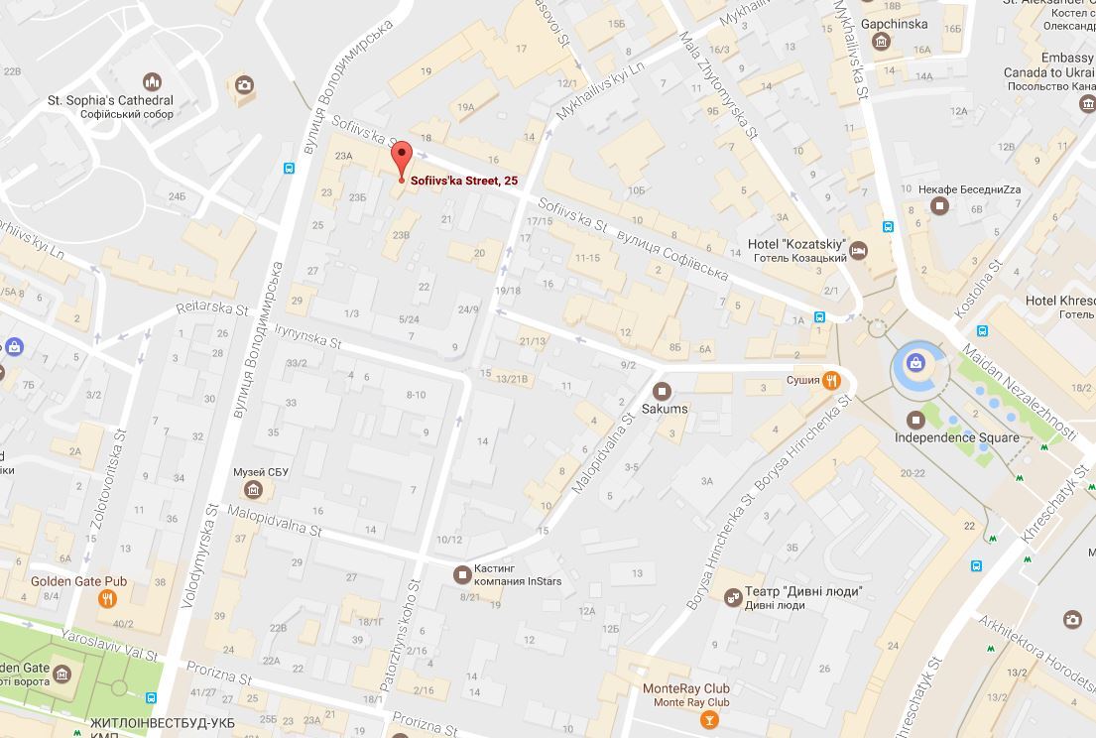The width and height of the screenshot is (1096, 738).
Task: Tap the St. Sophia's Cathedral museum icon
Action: tap(152, 82)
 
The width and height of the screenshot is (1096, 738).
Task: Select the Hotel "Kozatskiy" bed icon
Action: tap(859, 251)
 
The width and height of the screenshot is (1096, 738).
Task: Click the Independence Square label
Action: tap(956, 437)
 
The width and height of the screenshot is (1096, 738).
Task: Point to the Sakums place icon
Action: tap(663, 391)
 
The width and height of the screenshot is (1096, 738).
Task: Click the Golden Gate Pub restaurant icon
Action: tap(107, 598)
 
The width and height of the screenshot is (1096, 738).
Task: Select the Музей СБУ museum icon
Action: tap(254, 489)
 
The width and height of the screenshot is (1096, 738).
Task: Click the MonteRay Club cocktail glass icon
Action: tap(707, 720)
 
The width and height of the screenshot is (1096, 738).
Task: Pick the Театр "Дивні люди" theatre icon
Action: tap(732, 596)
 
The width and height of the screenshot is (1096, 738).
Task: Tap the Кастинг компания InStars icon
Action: tap(461, 573)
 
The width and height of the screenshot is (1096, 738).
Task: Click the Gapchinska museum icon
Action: tap(881, 41)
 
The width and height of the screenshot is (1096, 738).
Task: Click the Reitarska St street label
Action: tap(212, 309)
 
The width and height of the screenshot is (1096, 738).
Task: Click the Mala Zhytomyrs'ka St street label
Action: tap(719, 86)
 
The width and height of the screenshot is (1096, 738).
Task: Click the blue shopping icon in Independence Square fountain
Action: tap(915, 364)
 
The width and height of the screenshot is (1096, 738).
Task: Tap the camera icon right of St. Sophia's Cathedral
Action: tap(243, 85)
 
